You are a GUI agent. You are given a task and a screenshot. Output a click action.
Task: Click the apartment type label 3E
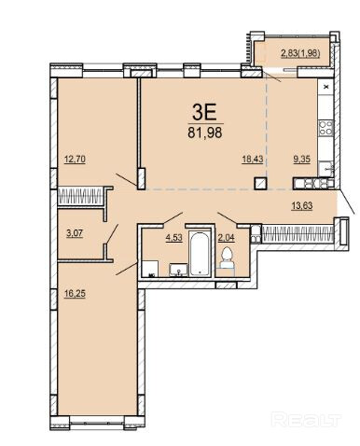pos(204,112)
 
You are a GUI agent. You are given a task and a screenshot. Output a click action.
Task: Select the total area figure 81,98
pos(205,132)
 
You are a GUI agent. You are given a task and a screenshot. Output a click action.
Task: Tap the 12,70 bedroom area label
pos(75,160)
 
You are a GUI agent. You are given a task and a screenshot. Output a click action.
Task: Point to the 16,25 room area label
pos(75,293)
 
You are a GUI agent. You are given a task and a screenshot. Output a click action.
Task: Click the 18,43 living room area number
pos(253,160)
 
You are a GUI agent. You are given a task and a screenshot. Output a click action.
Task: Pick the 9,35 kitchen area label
pos(302,160)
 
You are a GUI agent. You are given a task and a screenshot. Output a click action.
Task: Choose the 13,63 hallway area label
pos(301,205)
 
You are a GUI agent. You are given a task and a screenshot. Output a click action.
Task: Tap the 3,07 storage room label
pos(75,233)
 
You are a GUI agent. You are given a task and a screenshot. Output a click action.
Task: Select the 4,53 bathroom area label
pos(174,238)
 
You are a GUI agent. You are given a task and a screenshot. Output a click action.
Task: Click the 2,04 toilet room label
pos(226,238)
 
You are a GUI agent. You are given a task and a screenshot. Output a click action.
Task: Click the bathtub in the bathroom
pos(201,254)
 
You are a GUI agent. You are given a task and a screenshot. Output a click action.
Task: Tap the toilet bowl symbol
pos(227,258)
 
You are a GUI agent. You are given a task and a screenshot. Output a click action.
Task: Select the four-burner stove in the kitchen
pos(325,128)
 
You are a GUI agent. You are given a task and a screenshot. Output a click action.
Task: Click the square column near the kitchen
pos(260,183)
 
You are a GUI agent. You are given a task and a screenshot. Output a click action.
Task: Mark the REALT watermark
pos(306,419)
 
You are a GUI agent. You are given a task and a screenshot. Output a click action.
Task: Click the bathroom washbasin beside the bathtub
pos(178,270)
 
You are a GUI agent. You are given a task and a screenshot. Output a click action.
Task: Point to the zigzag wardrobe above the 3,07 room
pos(80,196)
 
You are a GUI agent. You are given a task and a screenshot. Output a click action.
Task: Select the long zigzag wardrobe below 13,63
pos(298,234)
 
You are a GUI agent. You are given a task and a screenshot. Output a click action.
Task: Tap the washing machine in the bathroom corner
pos(150,269)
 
